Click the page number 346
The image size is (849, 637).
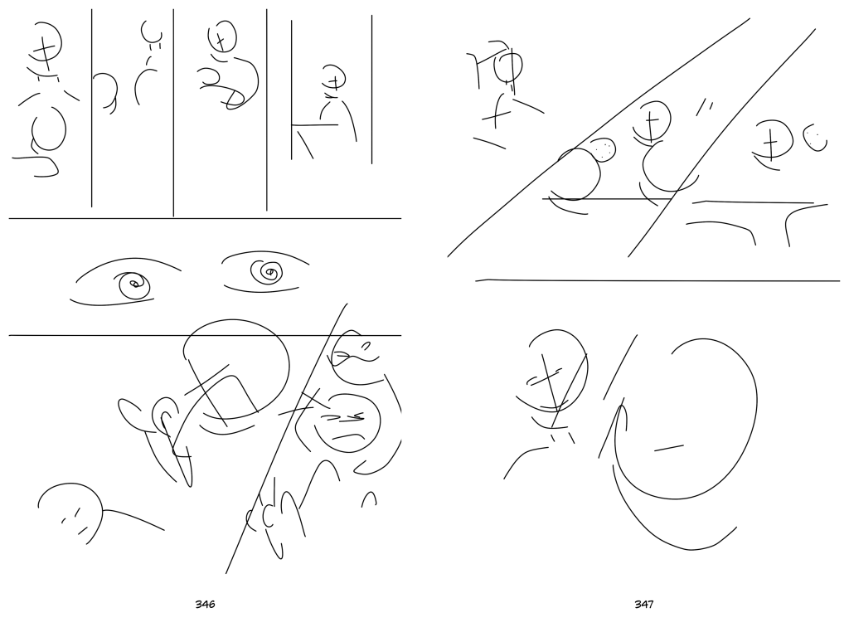pyautogui.click(x=205, y=604)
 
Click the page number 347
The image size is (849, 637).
pyautogui.click(x=643, y=604)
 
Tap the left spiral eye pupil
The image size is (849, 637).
pyautogui.click(x=133, y=285)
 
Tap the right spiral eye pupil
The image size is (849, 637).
pyautogui.click(x=267, y=272)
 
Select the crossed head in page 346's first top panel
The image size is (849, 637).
pyautogui.click(x=46, y=46)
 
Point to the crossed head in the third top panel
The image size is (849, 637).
pyautogui.click(x=222, y=36)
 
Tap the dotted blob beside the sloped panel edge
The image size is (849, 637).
pyautogui.click(x=603, y=149)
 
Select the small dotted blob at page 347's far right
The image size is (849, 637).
pyautogui.click(x=815, y=138)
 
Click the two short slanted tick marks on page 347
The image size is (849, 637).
pyautogui.click(x=704, y=107)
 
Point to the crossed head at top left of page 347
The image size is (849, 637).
pyautogui.click(x=507, y=65)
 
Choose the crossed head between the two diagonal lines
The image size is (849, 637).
pyautogui.click(x=652, y=121)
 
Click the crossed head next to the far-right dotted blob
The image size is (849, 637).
pyautogui.click(x=773, y=139)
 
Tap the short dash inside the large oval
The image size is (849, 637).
pyautogui.click(x=669, y=448)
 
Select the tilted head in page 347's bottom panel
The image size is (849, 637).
pyautogui.click(x=556, y=372)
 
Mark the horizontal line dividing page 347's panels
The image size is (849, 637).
pyautogui.click(x=657, y=280)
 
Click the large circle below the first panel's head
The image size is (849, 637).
pyautogui.click(x=49, y=129)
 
